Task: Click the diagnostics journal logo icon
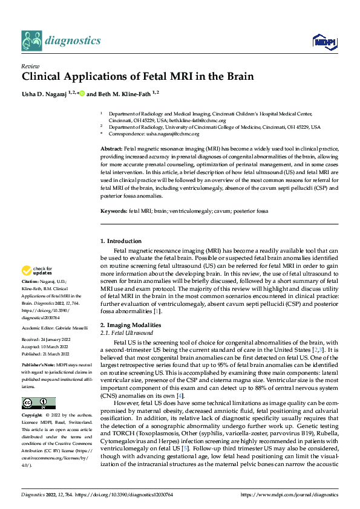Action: (x=31, y=41)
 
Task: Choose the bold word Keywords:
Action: (x=114, y=211)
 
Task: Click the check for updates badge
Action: (x=38, y=271)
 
